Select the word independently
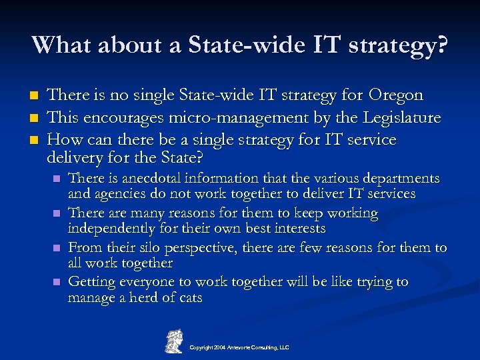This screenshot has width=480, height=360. (111, 229)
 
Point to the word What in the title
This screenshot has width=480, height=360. (61, 45)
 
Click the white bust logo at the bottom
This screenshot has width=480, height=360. (174, 340)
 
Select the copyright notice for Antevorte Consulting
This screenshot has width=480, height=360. (239, 347)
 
